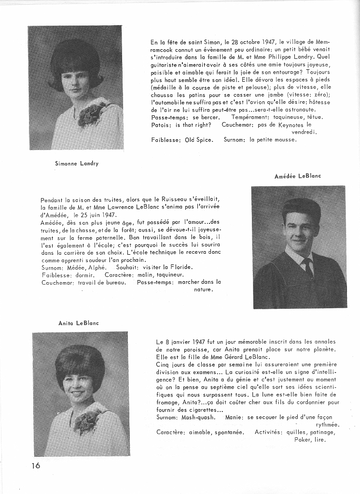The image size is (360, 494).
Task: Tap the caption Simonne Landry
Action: click(76, 164)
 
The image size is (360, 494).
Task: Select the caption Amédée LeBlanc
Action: click(297, 176)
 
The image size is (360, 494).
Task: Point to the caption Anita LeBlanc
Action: click(78, 323)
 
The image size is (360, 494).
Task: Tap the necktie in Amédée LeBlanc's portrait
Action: click(307, 266)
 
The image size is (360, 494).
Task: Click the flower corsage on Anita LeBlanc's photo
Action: click(86, 421)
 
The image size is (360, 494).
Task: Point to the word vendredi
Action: click(304, 132)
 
